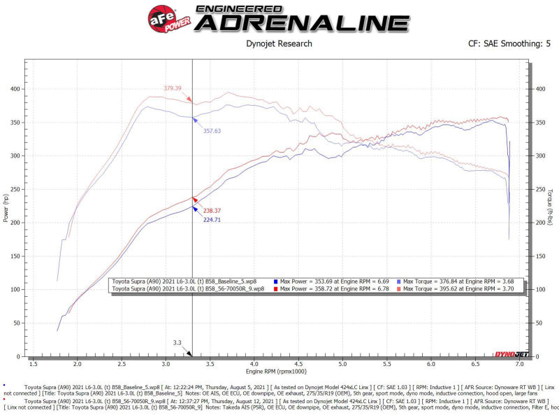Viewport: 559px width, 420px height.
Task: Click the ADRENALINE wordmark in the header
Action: (x=302, y=22)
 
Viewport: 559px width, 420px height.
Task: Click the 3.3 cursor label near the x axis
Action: (x=177, y=343)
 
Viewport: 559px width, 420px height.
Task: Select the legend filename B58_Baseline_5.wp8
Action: (x=231, y=280)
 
